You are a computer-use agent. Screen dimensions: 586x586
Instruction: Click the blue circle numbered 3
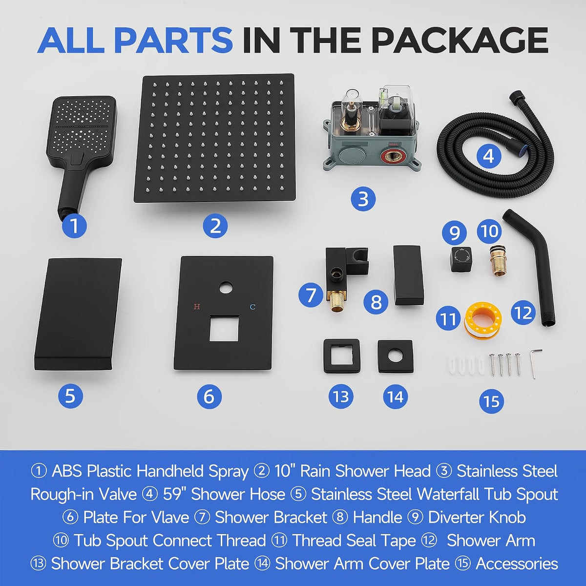363,199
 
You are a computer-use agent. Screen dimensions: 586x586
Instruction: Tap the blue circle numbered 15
491,401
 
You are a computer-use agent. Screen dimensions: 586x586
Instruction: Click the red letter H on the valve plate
197,307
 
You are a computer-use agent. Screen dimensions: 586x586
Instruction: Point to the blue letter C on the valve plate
252,307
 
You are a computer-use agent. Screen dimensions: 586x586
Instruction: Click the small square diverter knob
460,259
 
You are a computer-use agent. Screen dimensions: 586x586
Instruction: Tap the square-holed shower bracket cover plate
341,356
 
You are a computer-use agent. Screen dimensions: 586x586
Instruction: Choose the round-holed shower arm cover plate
395,356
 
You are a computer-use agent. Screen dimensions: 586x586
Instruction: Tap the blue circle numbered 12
523,313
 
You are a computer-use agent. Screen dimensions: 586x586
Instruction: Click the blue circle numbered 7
311,294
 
